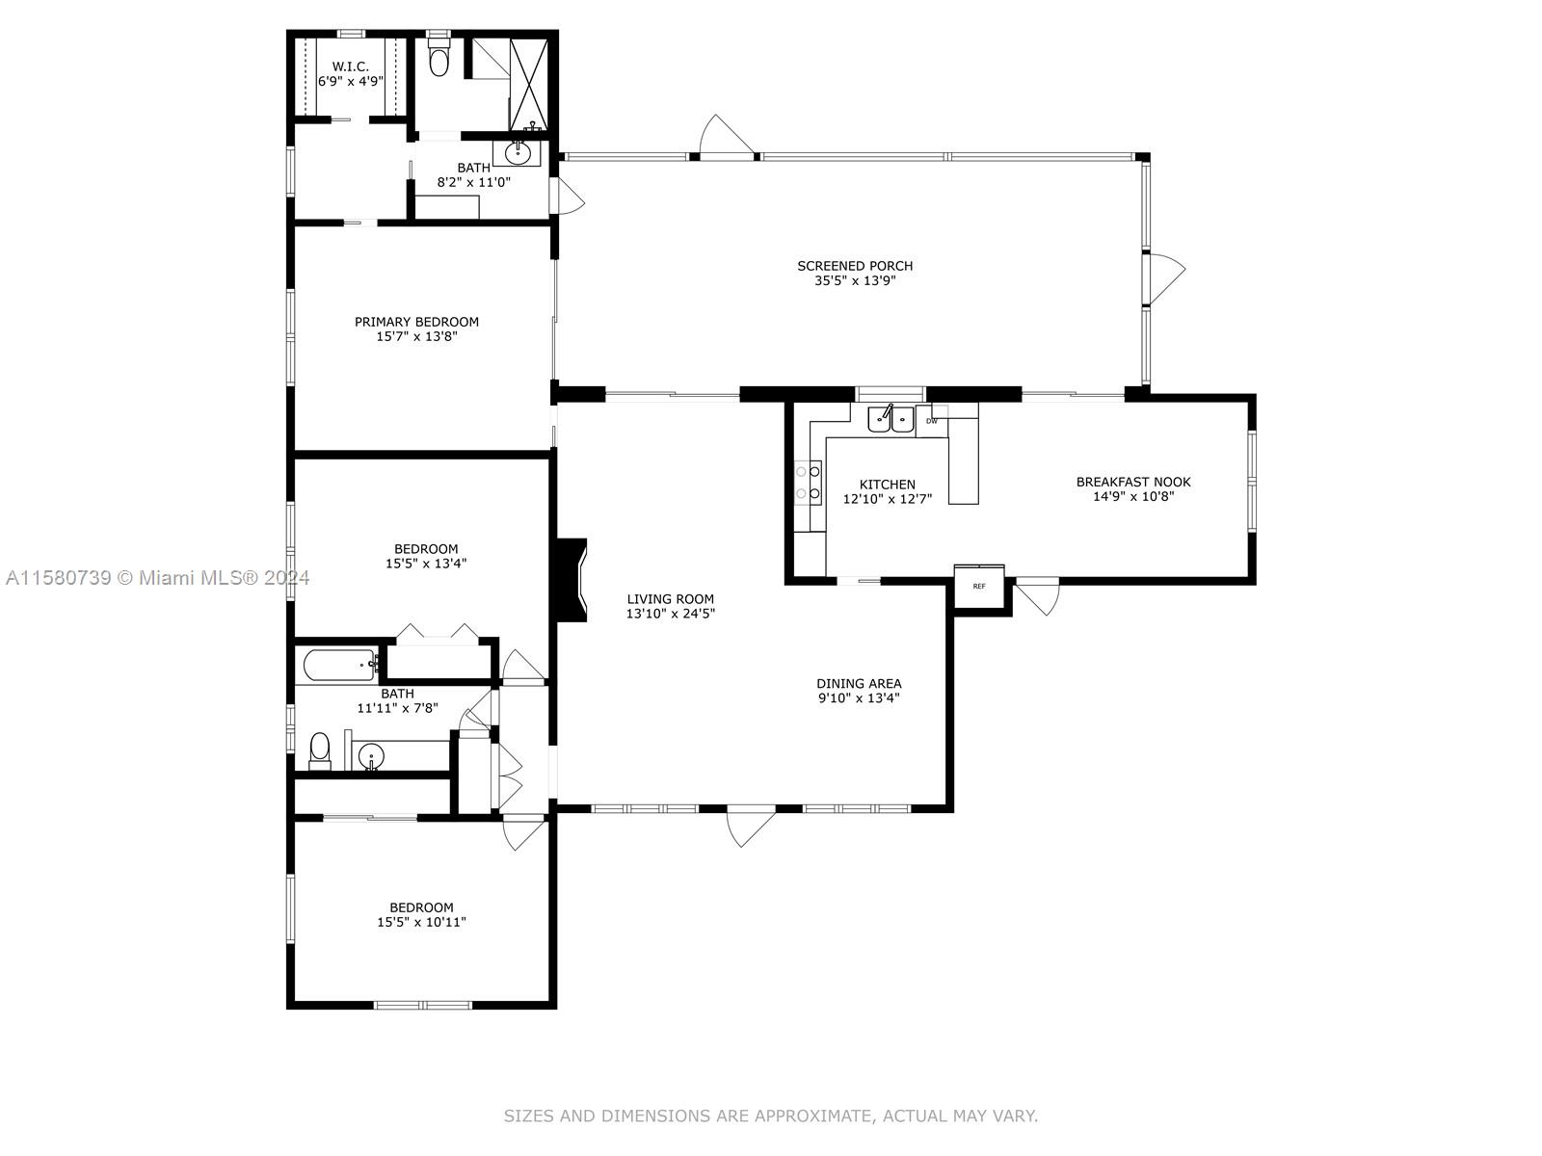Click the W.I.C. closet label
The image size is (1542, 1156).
coord(350,66)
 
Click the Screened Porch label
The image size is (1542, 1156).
coord(855,266)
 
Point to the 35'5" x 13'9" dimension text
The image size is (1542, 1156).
coord(855,280)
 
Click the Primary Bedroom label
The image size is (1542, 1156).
coord(416,322)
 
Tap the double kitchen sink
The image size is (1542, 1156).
coord(891,419)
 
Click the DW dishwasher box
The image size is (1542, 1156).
coord(932,421)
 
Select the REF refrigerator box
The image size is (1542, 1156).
coord(979,586)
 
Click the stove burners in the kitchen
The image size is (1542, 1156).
coord(808,483)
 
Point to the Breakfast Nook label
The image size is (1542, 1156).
coord(1133,483)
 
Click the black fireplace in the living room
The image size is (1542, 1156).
coord(572,581)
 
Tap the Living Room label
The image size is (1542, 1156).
coord(670,599)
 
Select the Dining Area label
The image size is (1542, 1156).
coord(859,684)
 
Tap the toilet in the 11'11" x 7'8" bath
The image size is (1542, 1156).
coord(320,751)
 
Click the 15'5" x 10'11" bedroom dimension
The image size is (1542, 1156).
coord(421,922)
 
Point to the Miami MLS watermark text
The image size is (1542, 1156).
coord(158,578)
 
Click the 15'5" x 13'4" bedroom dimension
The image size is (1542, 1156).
coord(426,564)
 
